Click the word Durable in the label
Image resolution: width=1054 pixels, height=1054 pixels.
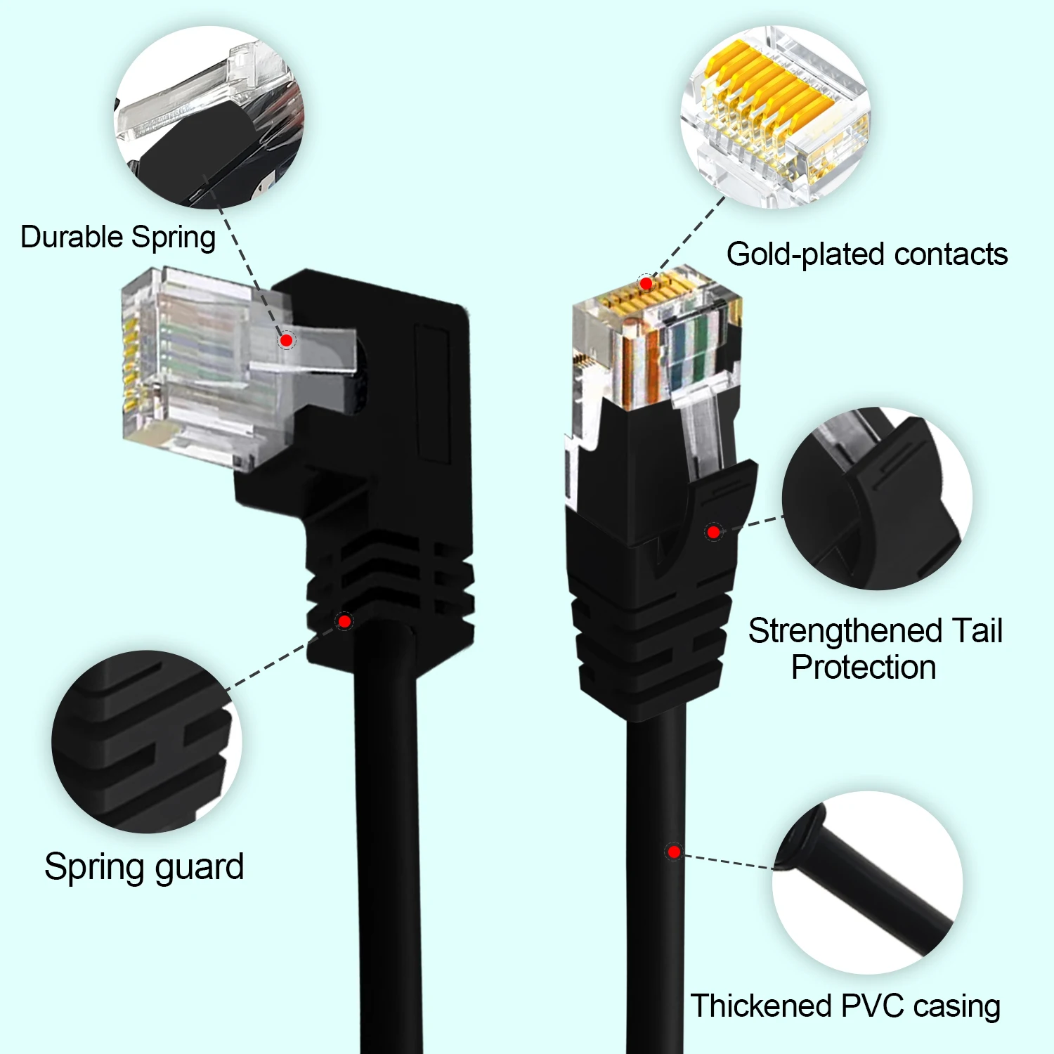pyautogui.click(x=72, y=237)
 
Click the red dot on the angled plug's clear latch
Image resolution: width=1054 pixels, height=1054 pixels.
pyautogui.click(x=286, y=341)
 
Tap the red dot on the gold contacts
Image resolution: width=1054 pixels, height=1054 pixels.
pyautogui.click(x=645, y=284)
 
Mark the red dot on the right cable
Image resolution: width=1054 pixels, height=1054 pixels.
pyautogui.click(x=674, y=852)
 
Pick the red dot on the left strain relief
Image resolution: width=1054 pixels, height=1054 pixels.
pyautogui.click(x=344, y=621)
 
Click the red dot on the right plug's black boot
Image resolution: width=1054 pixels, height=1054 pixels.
pyautogui.click(x=713, y=532)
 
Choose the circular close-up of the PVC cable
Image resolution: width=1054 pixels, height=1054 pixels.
pyautogui.click(x=867, y=882)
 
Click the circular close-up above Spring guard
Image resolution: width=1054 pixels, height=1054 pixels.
pyautogui.click(x=146, y=741)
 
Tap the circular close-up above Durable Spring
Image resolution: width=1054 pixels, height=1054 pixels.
pyautogui.click(x=209, y=117)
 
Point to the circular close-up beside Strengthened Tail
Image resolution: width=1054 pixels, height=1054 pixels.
pyautogui.click(x=877, y=498)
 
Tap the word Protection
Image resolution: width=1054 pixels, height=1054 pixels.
pyautogui.click(x=864, y=668)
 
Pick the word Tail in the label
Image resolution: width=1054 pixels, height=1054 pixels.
pyautogui.click(x=977, y=631)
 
